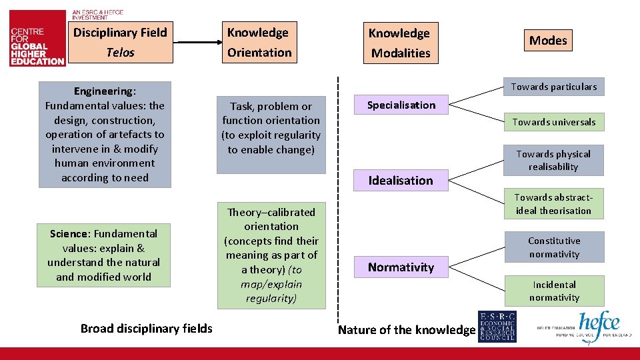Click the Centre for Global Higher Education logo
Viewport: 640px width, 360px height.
click(x=37, y=45)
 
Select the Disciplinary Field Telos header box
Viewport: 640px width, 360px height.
click(x=120, y=42)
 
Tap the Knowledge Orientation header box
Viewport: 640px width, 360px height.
click(x=259, y=42)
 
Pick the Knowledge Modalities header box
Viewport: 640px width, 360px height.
click(x=401, y=43)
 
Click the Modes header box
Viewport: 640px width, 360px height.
click(x=548, y=41)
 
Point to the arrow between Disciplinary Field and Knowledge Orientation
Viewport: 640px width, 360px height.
click(x=198, y=43)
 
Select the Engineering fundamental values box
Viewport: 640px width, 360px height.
click(x=105, y=134)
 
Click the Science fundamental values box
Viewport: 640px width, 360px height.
click(x=103, y=255)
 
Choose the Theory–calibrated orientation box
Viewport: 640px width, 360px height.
click(x=271, y=255)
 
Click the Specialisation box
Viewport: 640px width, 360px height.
click(x=401, y=105)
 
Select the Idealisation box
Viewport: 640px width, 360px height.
click(x=401, y=181)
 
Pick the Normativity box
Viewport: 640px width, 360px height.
click(x=401, y=267)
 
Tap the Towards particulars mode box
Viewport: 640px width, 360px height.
click(x=553, y=87)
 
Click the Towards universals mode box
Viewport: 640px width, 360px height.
click(x=553, y=122)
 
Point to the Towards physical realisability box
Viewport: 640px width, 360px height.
click(x=553, y=160)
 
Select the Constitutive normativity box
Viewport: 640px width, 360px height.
click(x=554, y=247)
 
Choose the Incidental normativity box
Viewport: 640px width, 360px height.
click(x=554, y=291)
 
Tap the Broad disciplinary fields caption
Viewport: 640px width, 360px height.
click(x=147, y=328)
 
